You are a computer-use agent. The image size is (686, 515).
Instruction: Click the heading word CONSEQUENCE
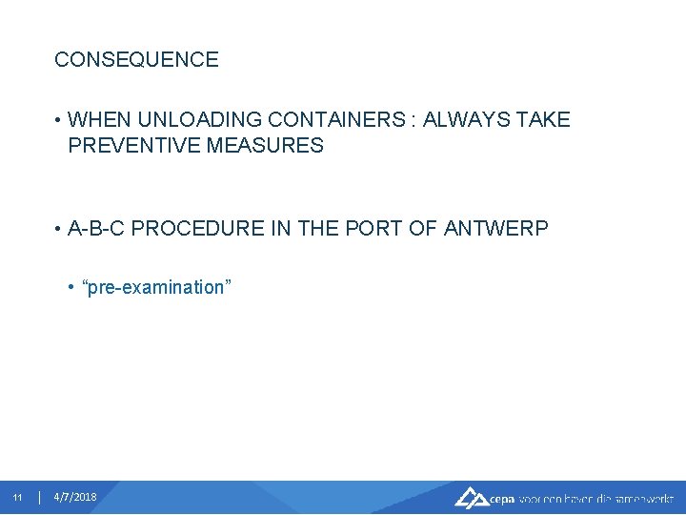[136, 60]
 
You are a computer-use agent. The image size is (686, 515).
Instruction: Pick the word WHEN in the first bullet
[100, 120]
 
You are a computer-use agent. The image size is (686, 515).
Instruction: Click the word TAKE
[543, 120]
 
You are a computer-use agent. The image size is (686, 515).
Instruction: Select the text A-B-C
[98, 229]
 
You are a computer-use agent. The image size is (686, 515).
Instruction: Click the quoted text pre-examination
[158, 287]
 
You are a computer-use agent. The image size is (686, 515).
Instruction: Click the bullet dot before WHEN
[58, 121]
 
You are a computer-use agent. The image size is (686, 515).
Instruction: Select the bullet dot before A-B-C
[58, 230]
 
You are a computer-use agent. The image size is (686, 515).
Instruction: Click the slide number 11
[17, 498]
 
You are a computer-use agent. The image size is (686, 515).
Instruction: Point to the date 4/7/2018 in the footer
[75, 498]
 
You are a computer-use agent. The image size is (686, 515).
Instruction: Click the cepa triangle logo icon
[471, 497]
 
